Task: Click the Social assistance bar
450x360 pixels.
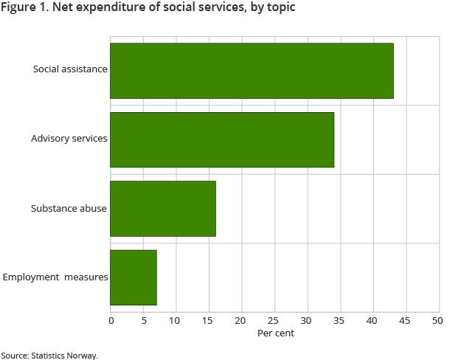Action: click(252, 71)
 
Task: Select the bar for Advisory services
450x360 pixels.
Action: click(222, 139)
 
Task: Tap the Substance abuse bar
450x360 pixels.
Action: click(163, 209)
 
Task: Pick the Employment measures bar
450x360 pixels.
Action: click(134, 277)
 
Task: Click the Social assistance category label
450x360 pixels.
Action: click(70, 69)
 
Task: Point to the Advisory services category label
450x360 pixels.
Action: click(69, 139)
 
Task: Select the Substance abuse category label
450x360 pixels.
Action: click(69, 208)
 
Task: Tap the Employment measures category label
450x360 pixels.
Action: click(55, 277)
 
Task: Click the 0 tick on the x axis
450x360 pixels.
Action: click(111, 320)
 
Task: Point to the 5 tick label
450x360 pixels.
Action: click(143, 320)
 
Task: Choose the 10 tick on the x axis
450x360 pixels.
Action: click(175, 320)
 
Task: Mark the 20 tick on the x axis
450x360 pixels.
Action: click(240, 320)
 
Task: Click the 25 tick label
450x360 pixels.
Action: click(273, 320)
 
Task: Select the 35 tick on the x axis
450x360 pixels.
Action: click(339, 320)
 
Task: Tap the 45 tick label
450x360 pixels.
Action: click(404, 320)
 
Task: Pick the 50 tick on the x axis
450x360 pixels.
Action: click(437, 320)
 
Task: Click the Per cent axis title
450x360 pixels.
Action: click(275, 333)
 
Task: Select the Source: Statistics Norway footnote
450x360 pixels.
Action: click(49, 355)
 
